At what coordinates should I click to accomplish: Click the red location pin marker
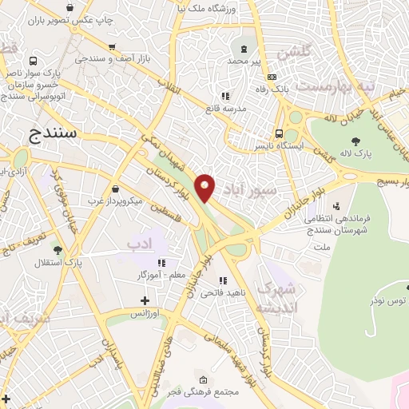(x=205, y=187)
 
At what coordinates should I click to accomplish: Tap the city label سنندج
(x=52, y=133)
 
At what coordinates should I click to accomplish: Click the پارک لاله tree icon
(x=355, y=141)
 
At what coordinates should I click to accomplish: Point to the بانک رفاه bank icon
(x=272, y=77)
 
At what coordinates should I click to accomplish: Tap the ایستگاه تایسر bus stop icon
(x=279, y=133)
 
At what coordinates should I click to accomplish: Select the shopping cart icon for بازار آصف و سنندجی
(x=111, y=46)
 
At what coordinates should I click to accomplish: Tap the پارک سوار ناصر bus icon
(x=33, y=61)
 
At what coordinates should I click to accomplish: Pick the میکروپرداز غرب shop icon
(x=117, y=189)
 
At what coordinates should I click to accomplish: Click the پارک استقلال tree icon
(x=57, y=250)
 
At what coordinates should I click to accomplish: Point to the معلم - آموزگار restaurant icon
(x=161, y=262)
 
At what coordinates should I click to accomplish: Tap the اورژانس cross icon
(x=144, y=300)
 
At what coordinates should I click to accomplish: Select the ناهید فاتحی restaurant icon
(x=222, y=280)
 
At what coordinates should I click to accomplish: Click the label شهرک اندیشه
(x=278, y=297)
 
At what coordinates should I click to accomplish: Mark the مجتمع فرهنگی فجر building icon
(x=203, y=379)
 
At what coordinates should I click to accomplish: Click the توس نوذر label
(x=387, y=300)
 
